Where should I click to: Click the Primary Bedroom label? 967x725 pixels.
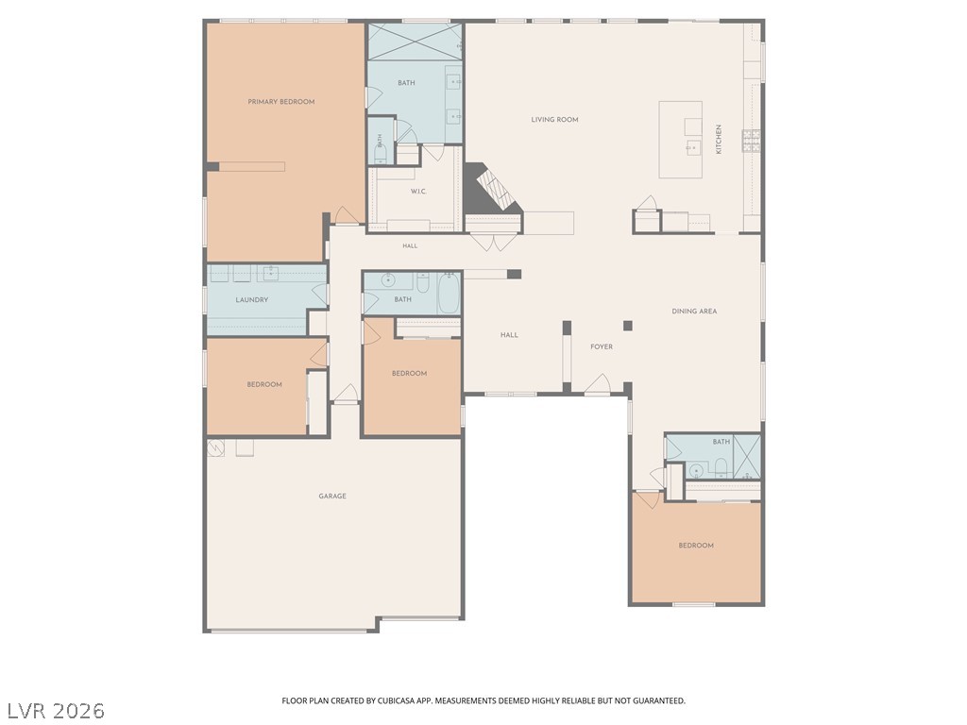pos(281,102)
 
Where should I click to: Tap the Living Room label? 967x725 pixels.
pos(555,120)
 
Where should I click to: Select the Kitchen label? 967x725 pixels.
pos(719,140)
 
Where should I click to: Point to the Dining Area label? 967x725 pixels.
pos(694,312)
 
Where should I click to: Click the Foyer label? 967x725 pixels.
pos(602,347)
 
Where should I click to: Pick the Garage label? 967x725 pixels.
pos(332,497)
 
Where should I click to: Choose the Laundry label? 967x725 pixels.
pos(251,300)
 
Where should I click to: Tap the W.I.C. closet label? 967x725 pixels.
pos(418,192)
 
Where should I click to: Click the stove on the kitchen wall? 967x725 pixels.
pos(751,142)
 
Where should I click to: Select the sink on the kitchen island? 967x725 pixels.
pos(694,148)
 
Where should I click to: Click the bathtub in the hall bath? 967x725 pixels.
pos(449,295)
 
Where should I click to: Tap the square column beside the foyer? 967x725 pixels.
pos(628,326)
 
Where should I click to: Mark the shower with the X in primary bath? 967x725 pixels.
pos(416,42)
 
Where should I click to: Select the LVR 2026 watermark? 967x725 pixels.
pos(56,711)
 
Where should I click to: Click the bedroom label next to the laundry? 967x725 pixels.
pos(264,385)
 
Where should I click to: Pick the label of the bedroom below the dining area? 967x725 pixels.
pos(696,546)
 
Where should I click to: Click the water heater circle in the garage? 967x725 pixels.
pos(215,448)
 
